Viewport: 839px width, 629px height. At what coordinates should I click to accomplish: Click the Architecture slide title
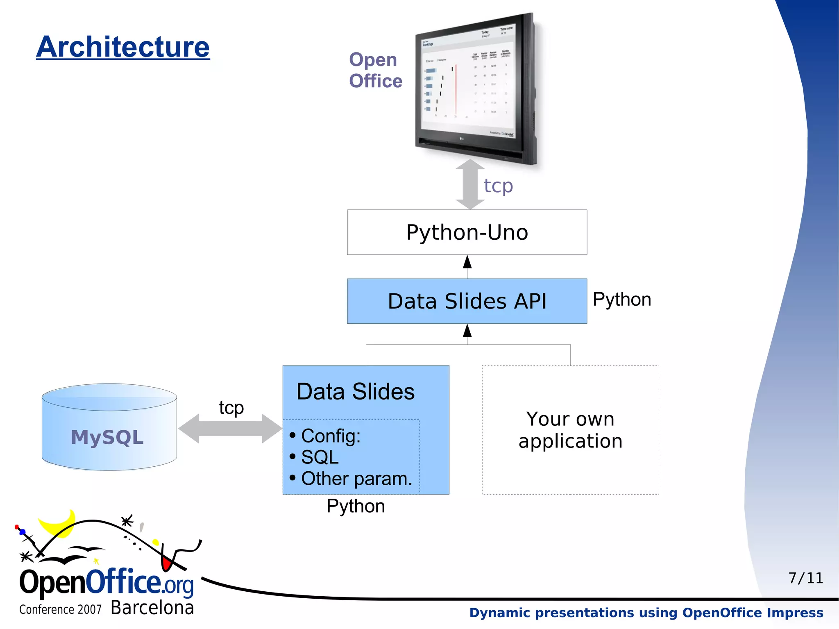click(x=123, y=47)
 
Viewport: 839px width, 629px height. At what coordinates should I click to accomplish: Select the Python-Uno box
click(x=467, y=232)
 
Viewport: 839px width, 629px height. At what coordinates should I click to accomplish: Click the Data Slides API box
click(x=467, y=301)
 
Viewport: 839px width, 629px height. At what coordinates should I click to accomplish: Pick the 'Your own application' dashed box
click(x=570, y=430)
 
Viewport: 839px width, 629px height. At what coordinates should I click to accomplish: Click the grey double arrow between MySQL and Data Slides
click(x=230, y=429)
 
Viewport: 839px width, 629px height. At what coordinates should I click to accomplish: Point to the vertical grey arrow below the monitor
click(x=470, y=184)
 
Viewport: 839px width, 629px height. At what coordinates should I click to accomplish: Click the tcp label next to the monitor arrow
click(x=498, y=186)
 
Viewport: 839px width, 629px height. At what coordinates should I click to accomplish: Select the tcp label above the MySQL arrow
click(x=231, y=408)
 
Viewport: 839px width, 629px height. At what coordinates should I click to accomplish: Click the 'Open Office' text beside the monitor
click(x=375, y=70)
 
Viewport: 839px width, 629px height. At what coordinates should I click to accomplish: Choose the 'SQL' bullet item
click(x=320, y=457)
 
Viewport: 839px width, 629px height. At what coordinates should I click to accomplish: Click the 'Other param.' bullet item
click(x=356, y=479)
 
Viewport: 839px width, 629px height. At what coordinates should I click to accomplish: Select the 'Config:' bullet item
click(x=331, y=436)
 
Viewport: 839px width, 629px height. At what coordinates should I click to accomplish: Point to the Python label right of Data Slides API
click(x=621, y=300)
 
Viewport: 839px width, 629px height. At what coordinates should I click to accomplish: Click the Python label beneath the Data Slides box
click(x=356, y=506)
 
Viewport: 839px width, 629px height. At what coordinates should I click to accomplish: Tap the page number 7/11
click(x=805, y=578)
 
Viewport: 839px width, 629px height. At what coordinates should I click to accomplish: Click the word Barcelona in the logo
click(x=152, y=608)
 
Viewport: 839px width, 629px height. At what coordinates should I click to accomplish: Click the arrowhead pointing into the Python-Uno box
click(x=467, y=262)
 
